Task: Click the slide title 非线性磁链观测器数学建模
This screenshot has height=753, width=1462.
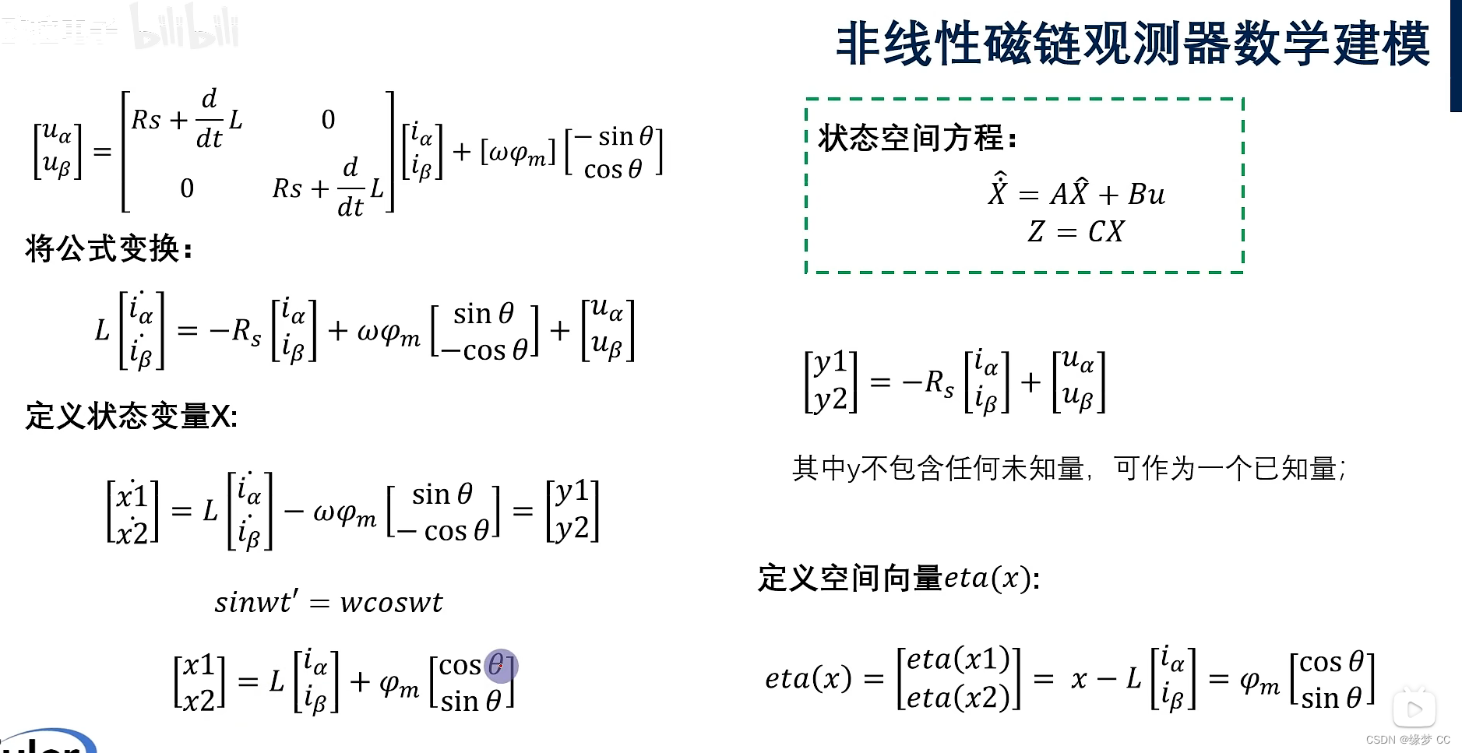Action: coord(1133,44)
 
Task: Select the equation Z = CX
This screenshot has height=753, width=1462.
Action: coord(1076,231)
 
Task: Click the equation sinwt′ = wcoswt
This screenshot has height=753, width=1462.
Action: coord(328,602)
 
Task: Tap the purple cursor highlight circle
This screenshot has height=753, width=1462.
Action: coord(501,666)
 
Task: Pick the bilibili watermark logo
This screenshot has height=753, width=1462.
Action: coord(185,28)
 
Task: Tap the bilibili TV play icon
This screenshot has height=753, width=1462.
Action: coord(1414,708)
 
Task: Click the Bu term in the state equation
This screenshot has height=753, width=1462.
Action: coord(1147,194)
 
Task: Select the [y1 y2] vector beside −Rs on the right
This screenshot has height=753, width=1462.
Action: coord(830,381)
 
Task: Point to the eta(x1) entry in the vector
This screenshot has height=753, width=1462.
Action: coord(958,660)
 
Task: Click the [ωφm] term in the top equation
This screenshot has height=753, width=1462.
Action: coord(518,153)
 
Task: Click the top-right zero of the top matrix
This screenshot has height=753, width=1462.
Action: coord(328,120)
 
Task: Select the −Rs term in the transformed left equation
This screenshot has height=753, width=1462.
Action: coord(236,331)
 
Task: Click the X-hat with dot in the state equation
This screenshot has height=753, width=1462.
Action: coord(997,191)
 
